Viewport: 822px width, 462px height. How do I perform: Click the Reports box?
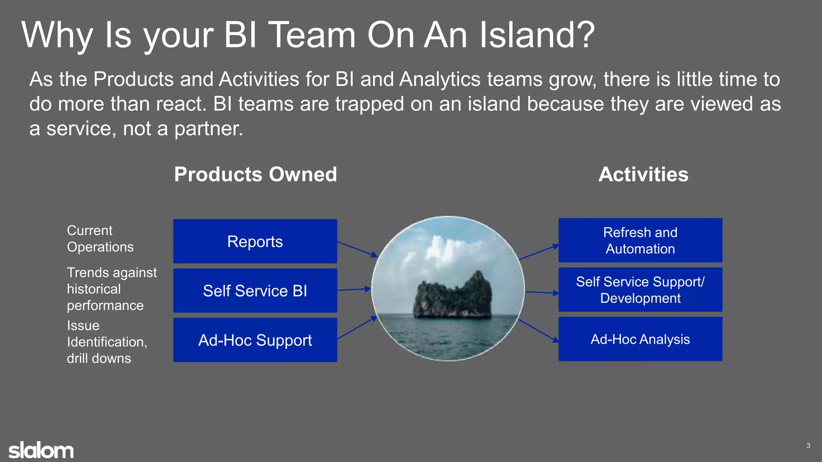(x=255, y=241)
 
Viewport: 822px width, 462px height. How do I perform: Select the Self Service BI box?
(x=255, y=291)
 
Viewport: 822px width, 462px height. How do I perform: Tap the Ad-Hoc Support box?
(x=255, y=340)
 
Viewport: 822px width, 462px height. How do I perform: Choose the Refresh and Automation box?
(x=640, y=241)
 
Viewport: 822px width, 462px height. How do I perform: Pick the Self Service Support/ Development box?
(x=640, y=290)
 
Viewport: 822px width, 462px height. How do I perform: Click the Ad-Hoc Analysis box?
(x=640, y=339)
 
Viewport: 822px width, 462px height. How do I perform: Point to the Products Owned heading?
(x=255, y=174)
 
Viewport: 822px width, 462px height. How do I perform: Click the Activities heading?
(x=643, y=174)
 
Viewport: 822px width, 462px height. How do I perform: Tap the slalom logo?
(x=41, y=450)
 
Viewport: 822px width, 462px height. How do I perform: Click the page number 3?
(x=808, y=446)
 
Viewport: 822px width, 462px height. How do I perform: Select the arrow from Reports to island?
(x=357, y=249)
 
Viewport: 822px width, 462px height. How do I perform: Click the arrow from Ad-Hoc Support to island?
(x=356, y=328)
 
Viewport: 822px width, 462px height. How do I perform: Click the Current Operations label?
(x=100, y=239)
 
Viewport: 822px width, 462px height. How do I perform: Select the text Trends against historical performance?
(x=111, y=289)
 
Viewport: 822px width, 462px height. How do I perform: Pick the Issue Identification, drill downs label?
(x=106, y=342)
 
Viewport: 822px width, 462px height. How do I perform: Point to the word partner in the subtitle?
(x=208, y=129)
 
